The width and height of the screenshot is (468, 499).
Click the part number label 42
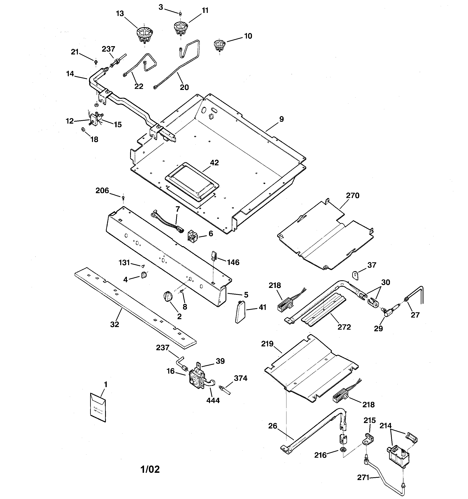214,163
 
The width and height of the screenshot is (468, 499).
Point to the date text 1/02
150,469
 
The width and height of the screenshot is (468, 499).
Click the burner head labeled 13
144,35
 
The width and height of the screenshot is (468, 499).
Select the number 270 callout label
353,195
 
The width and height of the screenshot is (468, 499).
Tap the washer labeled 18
83,129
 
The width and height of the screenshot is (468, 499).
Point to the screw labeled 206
123,198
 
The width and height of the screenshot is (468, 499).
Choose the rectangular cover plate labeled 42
192,179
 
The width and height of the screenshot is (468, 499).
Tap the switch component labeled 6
193,236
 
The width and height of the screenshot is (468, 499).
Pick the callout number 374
240,378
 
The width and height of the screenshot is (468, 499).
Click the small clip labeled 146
214,256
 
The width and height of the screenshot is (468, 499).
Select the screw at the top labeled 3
180,14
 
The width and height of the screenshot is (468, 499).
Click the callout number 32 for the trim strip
115,324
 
